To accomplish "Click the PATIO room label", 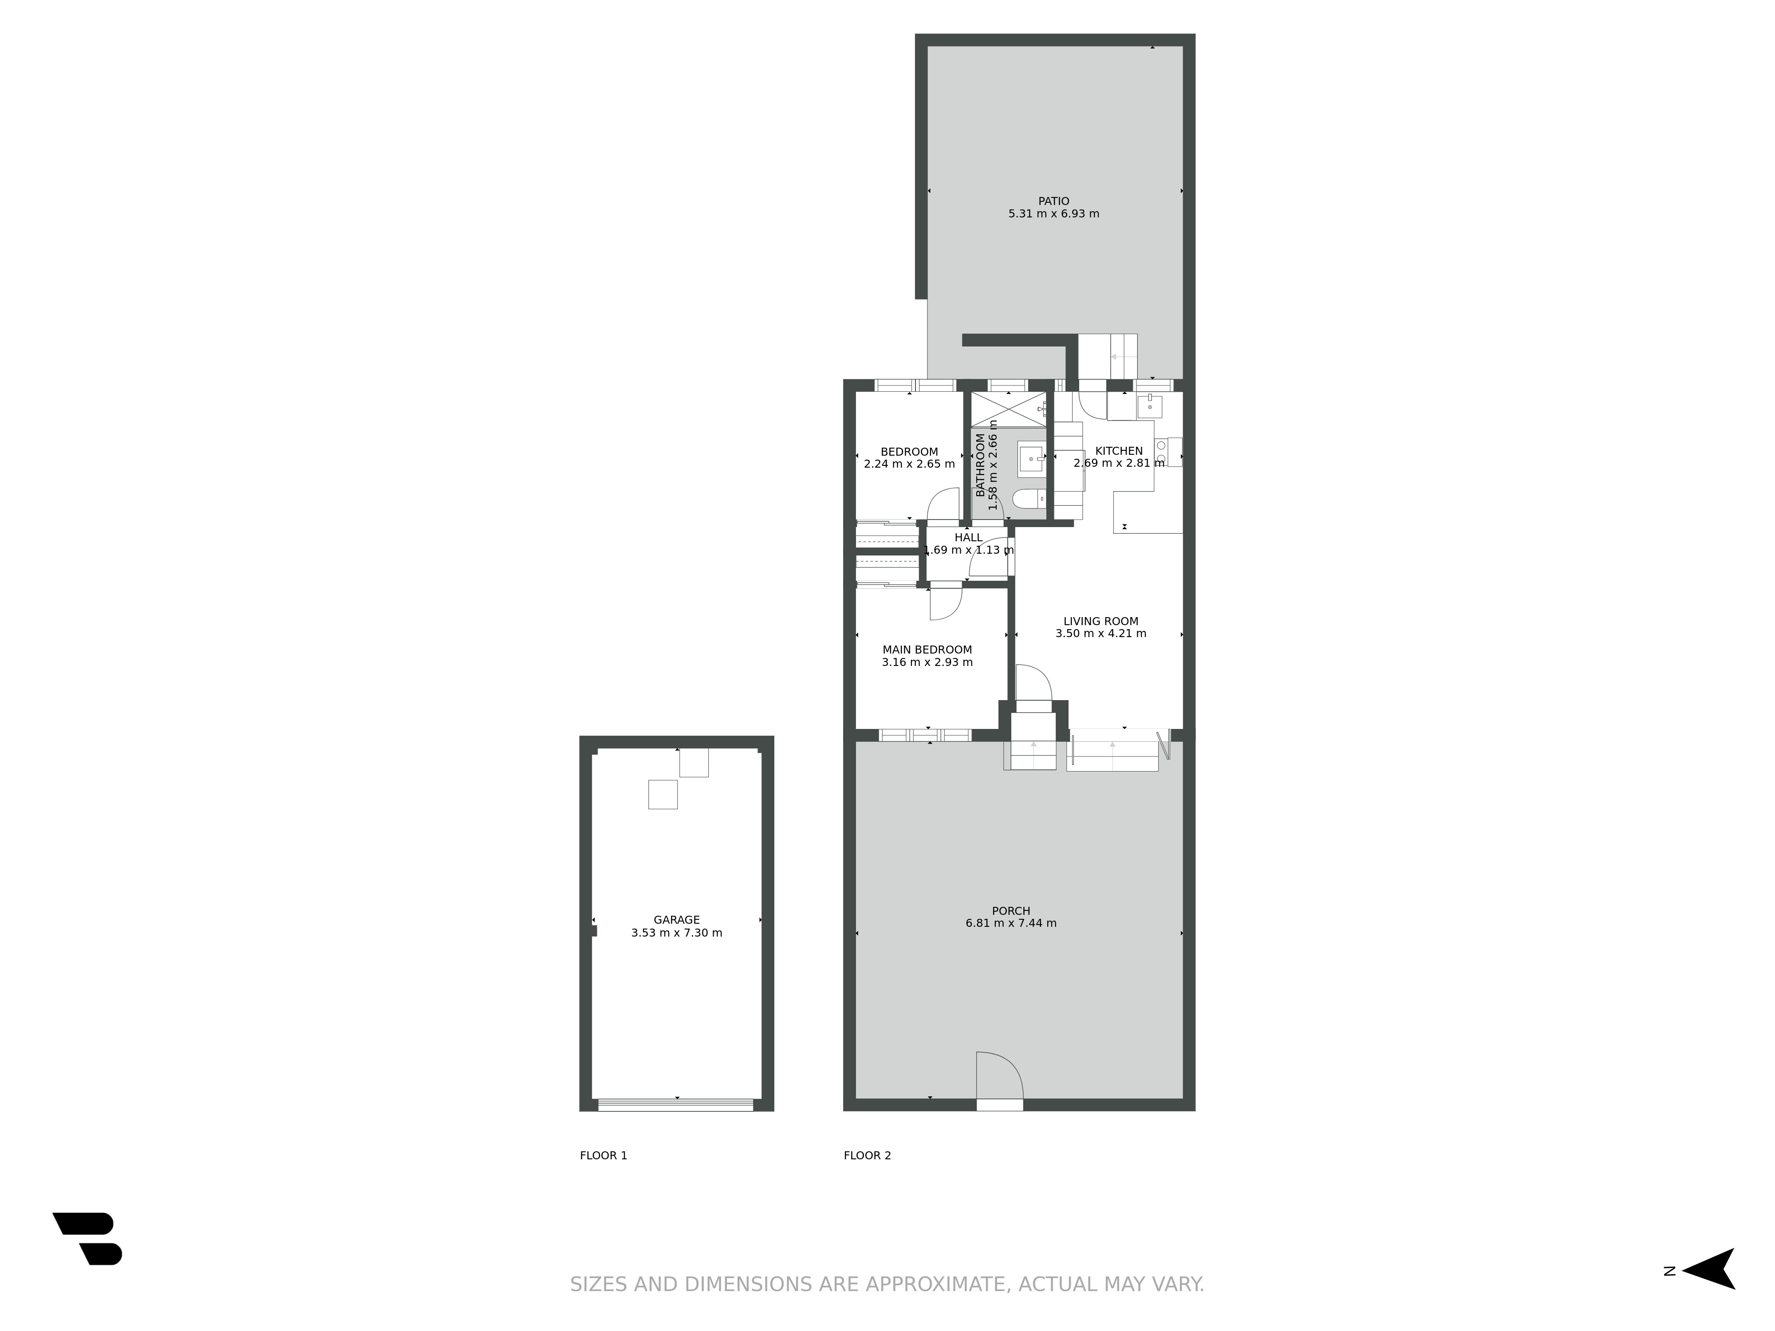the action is (x=1053, y=201).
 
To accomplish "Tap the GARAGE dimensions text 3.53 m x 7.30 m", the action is (x=676, y=933).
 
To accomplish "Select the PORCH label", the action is (x=1011, y=910).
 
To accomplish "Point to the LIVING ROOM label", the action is (x=1101, y=621).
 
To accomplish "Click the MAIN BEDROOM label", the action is (x=927, y=650).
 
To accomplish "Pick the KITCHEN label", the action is (x=1119, y=451).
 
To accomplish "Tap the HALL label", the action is (x=969, y=538).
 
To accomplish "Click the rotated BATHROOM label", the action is (x=980, y=465).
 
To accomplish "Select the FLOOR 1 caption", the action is (x=603, y=1155).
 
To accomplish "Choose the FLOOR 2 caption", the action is (x=868, y=1155).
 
